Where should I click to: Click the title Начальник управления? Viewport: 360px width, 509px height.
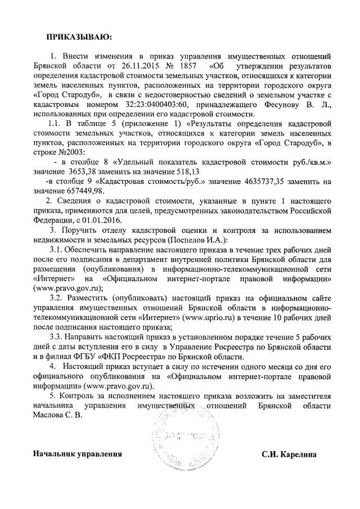(77, 453)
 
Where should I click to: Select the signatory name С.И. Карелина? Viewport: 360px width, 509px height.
(293, 453)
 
